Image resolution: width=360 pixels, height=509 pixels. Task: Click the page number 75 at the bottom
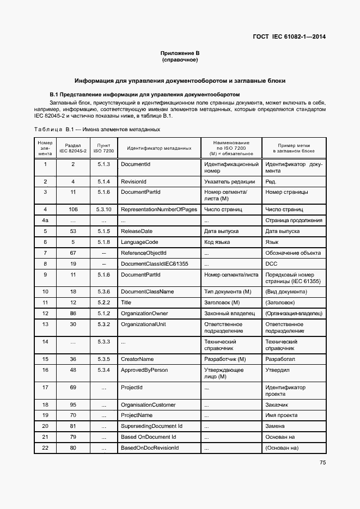322,463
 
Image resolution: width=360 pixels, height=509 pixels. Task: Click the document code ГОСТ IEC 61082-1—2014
290,37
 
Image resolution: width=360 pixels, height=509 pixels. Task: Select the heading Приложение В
180,53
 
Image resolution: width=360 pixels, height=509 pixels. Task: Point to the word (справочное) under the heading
180,59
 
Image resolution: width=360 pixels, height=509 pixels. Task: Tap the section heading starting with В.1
145,94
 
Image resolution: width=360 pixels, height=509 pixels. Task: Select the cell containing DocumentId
136,164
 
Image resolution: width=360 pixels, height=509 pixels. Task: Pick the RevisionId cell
134,181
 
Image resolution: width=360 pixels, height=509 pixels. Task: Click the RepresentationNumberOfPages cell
158,209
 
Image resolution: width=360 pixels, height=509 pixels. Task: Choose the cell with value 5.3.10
103,209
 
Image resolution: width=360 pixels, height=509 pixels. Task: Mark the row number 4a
45,220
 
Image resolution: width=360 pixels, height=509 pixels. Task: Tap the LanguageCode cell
139,242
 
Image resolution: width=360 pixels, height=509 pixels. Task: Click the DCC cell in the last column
271,263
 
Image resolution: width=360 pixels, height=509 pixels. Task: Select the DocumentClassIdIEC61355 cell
154,263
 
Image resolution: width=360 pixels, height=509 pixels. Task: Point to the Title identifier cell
126,302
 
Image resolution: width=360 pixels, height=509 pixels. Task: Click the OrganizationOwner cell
144,313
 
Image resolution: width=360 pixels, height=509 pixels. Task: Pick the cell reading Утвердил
277,370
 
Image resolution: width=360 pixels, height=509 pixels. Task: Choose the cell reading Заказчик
277,404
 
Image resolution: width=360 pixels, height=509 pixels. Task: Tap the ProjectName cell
137,415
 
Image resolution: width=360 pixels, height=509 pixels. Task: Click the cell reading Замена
275,426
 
